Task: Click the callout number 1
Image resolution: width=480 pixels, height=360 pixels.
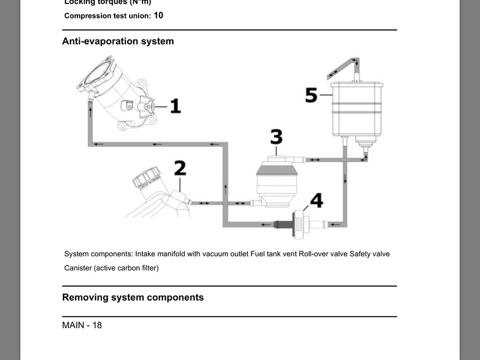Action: pos(175,107)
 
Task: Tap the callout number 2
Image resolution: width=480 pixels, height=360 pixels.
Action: pos(179,167)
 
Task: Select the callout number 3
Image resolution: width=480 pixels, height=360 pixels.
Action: pos(276,137)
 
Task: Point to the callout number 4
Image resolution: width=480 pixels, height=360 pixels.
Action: pos(316,200)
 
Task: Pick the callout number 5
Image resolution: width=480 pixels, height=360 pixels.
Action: pos(311,95)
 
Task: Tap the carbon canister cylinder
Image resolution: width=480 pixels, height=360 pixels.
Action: pos(356,108)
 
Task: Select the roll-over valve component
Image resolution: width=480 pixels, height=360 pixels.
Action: pos(278,180)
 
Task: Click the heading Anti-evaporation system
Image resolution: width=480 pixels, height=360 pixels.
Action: pos(118,41)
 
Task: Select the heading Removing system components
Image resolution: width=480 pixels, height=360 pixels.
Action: pos(133,297)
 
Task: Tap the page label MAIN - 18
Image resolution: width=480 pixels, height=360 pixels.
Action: pos(82,325)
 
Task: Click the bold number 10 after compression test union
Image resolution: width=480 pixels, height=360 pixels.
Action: pos(158,15)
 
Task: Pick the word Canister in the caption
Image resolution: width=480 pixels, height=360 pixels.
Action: pos(78,268)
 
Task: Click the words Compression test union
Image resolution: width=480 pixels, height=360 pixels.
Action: pos(107,16)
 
